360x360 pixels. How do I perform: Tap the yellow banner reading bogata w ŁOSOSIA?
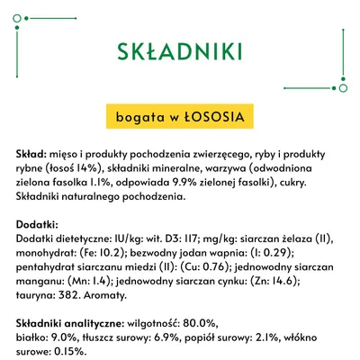pyautogui.click(x=180, y=115)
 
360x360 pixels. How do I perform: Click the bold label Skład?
pyautogui.click(x=32, y=155)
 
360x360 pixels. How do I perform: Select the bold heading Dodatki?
pyautogui.click(x=38, y=223)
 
